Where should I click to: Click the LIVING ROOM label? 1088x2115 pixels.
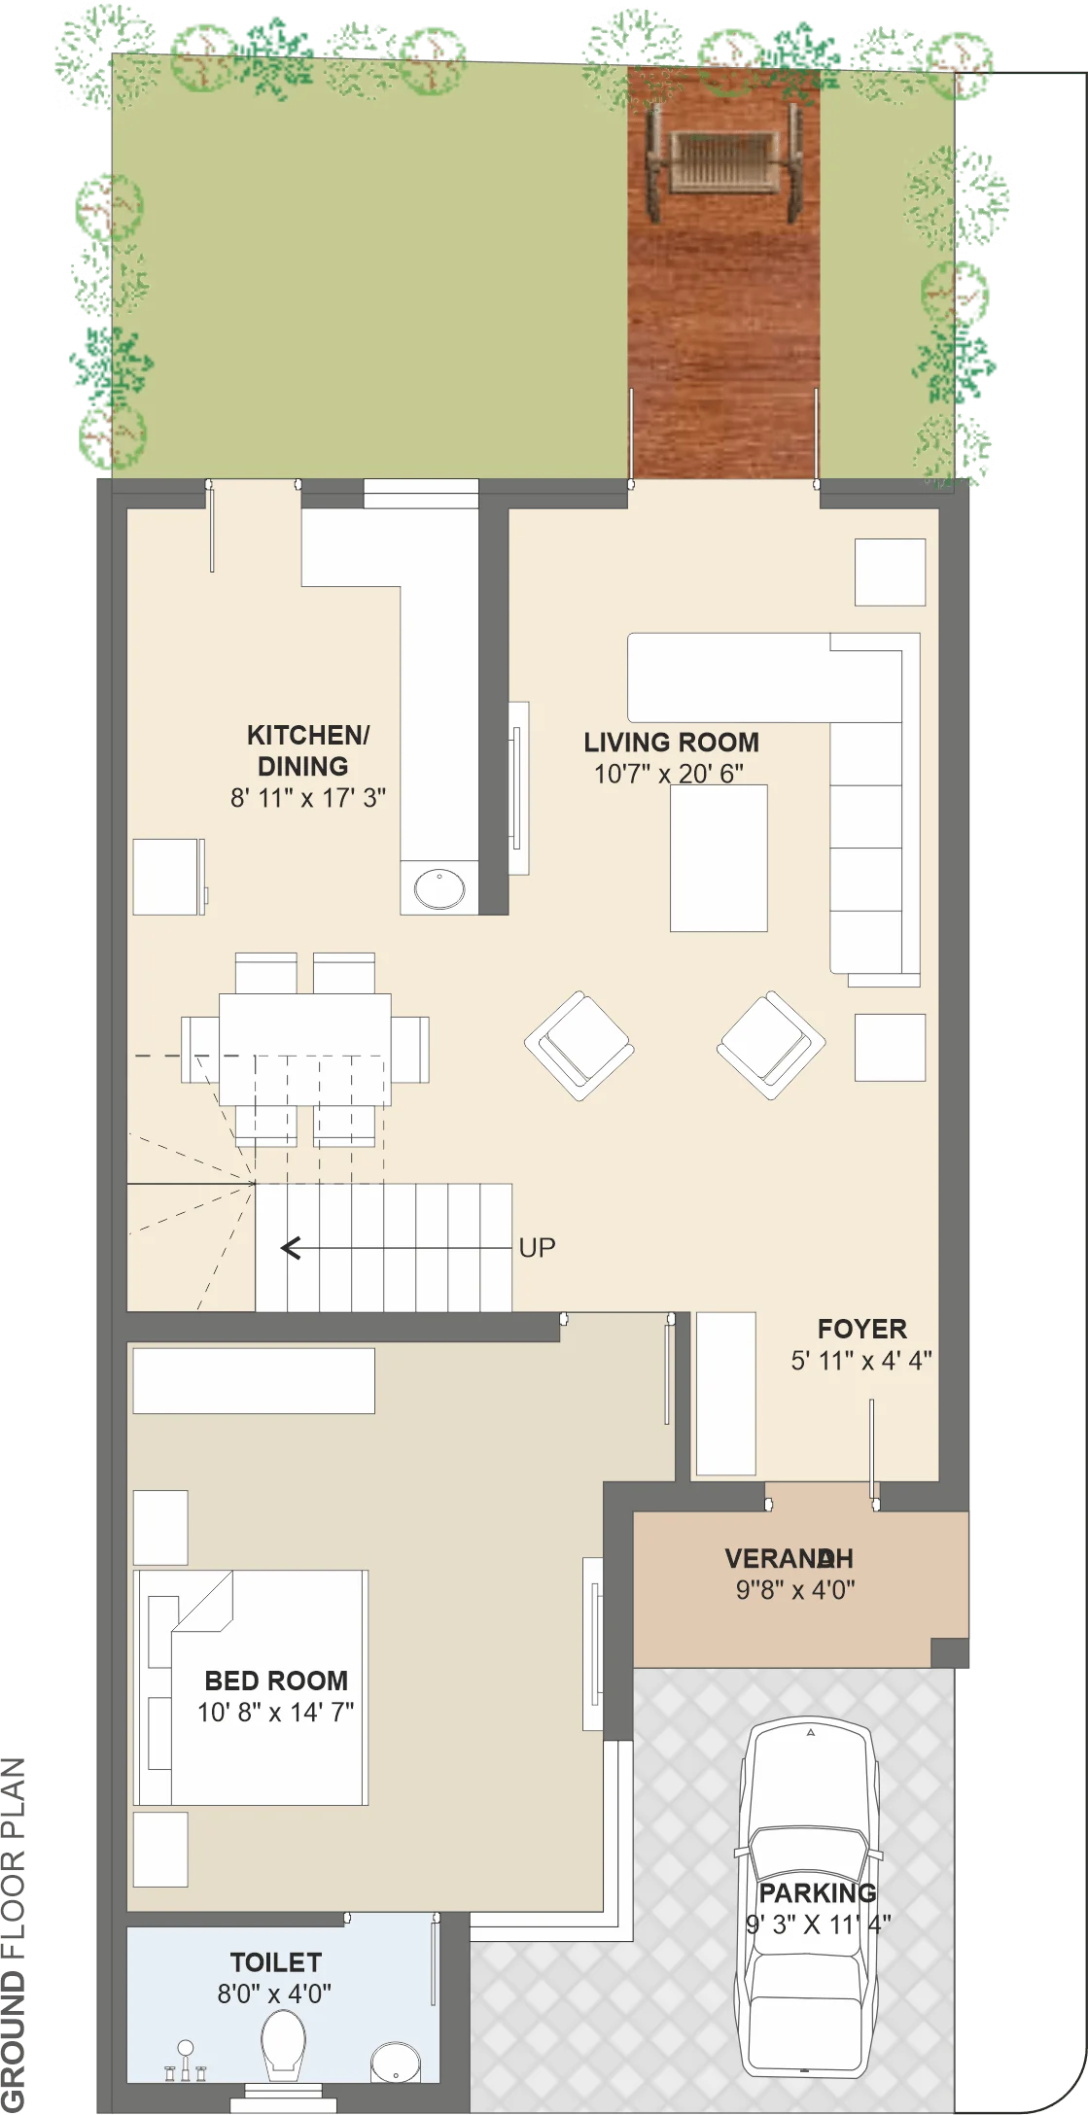[671, 743]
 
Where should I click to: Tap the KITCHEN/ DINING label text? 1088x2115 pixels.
[307, 750]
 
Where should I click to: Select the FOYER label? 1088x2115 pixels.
[861, 1329]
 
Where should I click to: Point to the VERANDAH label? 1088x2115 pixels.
[789, 1559]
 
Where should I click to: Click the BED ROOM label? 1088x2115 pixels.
[276, 1681]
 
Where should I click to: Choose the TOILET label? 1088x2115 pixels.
[275, 1962]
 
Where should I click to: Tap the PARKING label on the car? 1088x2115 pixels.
[817, 1893]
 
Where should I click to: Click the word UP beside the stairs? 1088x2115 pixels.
[537, 1247]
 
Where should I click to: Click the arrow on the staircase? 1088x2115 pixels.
[396, 1247]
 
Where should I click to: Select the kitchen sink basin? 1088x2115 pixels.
[439, 888]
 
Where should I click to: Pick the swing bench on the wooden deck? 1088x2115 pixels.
[723, 160]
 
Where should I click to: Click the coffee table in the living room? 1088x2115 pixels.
[719, 857]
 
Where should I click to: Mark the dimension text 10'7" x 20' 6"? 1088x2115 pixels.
[669, 774]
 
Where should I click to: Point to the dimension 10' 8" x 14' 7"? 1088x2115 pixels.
[276, 1712]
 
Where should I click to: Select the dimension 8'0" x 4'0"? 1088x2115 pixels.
[274, 1994]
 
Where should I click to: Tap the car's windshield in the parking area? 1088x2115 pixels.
[809, 1854]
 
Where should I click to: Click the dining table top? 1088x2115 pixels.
[305, 1049]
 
